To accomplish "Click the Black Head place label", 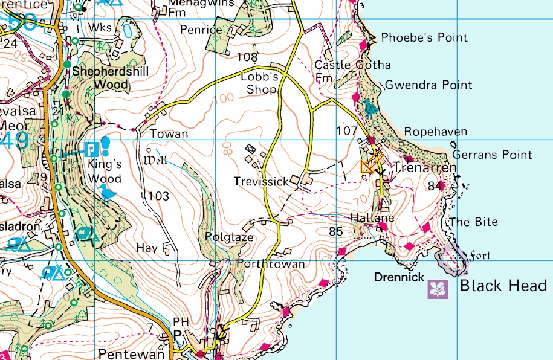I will [503, 286].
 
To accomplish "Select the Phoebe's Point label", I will [424, 37].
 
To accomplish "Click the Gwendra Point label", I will [428, 85].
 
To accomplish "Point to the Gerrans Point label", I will [492, 155].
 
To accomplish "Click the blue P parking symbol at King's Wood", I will [91, 147].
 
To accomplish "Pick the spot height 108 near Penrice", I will [247, 58].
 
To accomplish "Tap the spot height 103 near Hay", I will [158, 196].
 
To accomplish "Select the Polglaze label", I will [229, 237].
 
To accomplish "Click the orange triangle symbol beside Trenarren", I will [367, 167].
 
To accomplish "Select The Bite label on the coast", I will [473, 222].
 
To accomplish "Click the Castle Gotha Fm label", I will [352, 71].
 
